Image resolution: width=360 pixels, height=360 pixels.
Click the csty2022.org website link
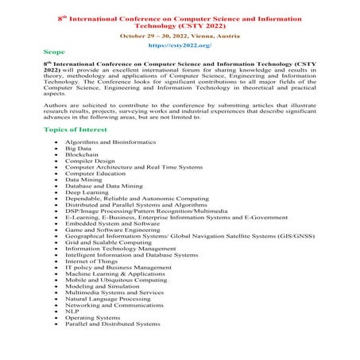coord(180,46)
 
